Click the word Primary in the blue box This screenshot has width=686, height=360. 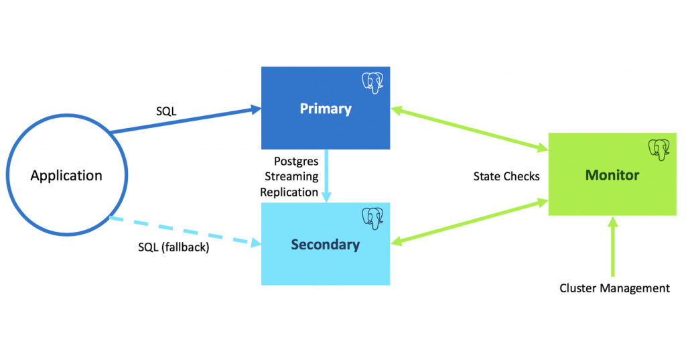[326, 109]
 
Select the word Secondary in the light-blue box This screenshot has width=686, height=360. [325, 245]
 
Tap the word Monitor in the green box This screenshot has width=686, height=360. [612, 175]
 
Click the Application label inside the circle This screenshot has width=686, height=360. [66, 176]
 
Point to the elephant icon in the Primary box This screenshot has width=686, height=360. [374, 82]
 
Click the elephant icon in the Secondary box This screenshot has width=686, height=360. [374, 218]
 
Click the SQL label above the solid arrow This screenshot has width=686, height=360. [166, 111]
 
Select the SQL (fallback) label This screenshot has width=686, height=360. [174, 247]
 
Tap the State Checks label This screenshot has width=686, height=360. [506, 176]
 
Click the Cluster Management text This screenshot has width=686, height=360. [614, 288]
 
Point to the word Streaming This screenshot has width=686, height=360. [291, 176]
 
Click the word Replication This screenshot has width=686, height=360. [289, 192]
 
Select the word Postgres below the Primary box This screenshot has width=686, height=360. [295, 162]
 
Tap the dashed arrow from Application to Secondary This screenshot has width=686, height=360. [184, 232]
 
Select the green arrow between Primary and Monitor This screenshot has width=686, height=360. [470, 127]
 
